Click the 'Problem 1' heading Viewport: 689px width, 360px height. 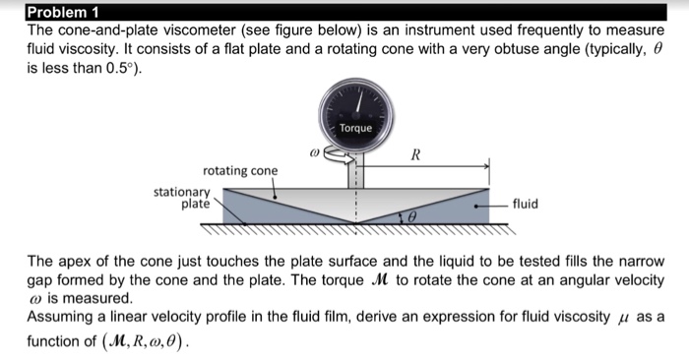point(63,13)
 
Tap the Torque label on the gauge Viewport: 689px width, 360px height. point(355,128)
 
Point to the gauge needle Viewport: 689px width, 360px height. point(360,102)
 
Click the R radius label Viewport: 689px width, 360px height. point(415,154)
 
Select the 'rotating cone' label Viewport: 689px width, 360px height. point(240,170)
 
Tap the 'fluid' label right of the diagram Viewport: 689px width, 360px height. point(526,205)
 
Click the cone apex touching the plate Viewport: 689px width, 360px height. point(356,223)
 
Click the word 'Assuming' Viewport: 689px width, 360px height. point(60,316)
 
